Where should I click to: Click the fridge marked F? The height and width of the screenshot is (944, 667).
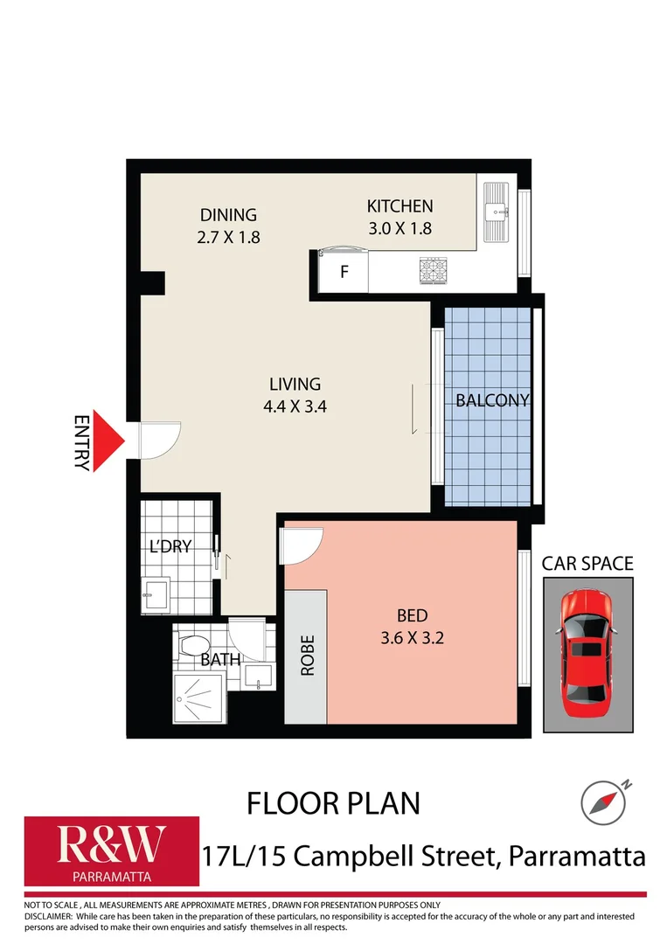pos(344,271)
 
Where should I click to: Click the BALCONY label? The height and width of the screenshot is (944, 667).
pos(492,400)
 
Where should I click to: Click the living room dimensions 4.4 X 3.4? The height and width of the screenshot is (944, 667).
pos(295,406)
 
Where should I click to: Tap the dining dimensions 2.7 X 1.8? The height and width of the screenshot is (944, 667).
pos(228,236)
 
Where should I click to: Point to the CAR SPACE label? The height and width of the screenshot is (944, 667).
pos(587,563)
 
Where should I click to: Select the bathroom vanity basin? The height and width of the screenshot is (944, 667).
pos(259,677)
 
